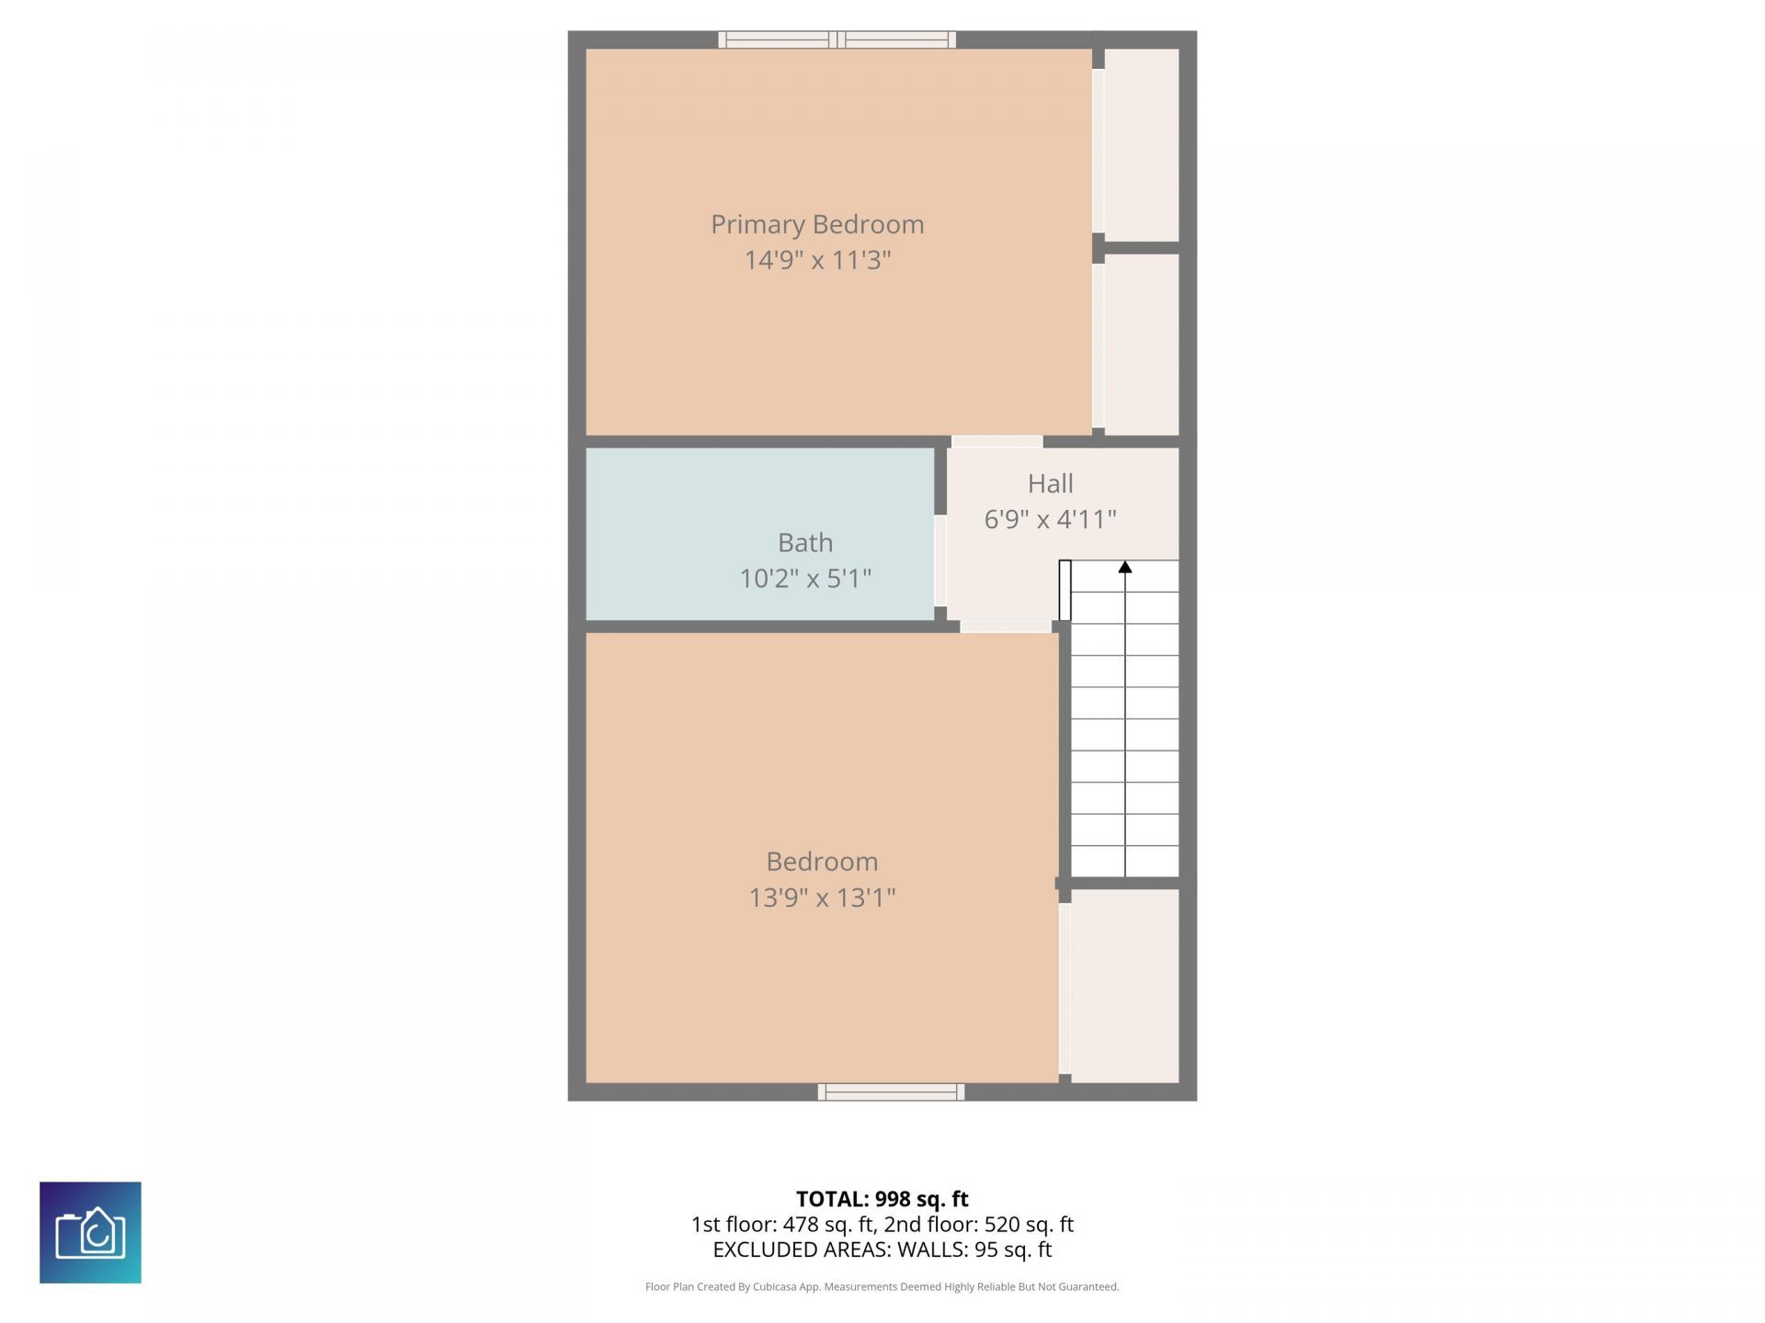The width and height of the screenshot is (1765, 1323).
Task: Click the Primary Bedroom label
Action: [x=816, y=224]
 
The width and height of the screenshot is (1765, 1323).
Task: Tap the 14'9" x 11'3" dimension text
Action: [x=816, y=260]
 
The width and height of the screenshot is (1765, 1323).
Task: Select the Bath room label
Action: [x=805, y=542]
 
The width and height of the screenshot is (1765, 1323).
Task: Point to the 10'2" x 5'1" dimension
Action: [x=805, y=578]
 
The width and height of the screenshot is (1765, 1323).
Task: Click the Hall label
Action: [x=1050, y=483]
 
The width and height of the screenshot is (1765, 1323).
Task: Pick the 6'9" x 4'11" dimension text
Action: [x=1050, y=519]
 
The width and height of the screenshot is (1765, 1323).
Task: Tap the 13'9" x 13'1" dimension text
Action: [x=821, y=897]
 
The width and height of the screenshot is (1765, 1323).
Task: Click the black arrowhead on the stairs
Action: [x=1124, y=567]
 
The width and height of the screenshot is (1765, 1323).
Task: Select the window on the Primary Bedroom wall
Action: [x=837, y=40]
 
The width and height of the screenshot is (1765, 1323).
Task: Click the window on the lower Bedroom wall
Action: [x=891, y=1091]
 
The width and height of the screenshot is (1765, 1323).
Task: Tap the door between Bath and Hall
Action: [x=940, y=560]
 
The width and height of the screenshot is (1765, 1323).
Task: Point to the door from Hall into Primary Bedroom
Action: [x=996, y=442]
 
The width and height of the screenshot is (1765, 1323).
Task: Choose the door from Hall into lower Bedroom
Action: [x=1006, y=627]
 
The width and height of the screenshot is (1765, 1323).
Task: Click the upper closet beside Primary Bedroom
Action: [x=1141, y=145]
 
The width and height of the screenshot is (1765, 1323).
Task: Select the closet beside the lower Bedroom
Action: [x=1124, y=985]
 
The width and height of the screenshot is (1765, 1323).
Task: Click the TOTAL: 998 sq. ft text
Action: [x=882, y=1199]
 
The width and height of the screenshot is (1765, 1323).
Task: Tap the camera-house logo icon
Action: [x=90, y=1232]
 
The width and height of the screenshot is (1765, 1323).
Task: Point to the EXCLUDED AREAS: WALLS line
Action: [x=882, y=1249]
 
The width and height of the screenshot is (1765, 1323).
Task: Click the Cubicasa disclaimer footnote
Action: [x=882, y=1286]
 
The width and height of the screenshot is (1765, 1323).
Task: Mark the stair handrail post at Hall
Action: [x=1065, y=590]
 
